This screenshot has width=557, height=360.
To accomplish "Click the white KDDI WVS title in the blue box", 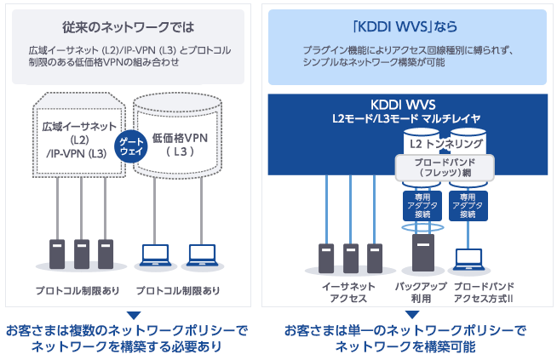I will [413, 103].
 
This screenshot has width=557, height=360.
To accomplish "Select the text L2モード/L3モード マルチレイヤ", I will [413, 117].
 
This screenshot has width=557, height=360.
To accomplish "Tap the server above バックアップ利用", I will [422, 252].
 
